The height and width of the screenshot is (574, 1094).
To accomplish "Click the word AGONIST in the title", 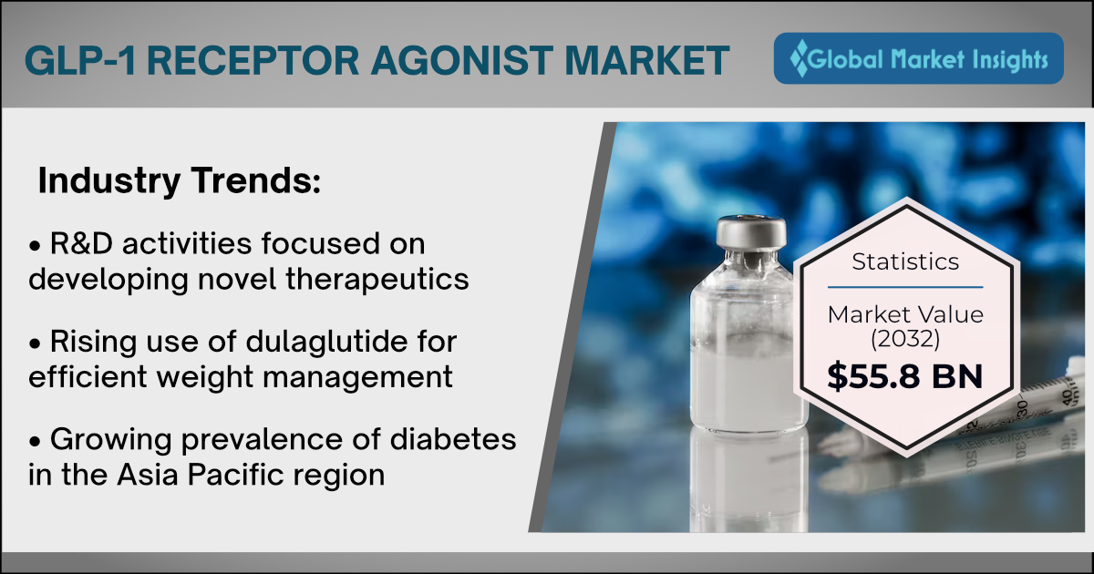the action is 461,61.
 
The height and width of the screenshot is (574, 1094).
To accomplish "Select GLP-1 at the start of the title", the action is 80,61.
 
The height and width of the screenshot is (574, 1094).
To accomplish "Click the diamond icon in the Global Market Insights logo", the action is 799,58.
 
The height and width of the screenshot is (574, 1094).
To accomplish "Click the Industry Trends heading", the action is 180,181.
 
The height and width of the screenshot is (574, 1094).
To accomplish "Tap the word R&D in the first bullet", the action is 81,243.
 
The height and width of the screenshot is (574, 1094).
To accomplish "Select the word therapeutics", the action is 377,280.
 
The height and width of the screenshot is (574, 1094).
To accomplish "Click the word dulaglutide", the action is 326,341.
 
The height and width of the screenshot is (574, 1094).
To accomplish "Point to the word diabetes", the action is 453,439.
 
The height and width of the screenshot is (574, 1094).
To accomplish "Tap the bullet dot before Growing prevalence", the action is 35,442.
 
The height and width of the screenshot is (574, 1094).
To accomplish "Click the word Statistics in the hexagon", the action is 905,262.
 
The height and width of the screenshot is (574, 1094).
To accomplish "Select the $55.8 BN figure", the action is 904,376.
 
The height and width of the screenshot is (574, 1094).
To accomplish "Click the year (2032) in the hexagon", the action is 905,339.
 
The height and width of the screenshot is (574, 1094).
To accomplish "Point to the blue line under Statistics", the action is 905,288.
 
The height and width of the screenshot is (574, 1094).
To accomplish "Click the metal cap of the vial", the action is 751,232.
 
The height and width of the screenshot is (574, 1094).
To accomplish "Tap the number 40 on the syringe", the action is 1068,396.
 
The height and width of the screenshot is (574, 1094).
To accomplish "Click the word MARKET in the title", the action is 646,61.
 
